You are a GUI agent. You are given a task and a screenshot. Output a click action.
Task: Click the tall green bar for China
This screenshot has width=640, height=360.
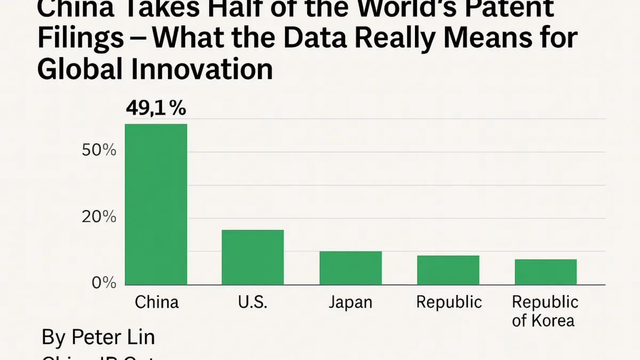tap(156, 204)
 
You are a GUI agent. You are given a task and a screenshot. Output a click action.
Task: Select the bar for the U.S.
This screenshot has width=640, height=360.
tap(253, 257)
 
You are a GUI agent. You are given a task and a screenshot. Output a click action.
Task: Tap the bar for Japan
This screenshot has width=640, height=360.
tap(350, 268)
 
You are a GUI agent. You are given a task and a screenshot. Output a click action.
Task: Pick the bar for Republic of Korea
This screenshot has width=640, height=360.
tap(546, 272)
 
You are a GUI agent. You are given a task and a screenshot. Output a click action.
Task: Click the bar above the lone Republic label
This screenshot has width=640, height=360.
tap(448, 270)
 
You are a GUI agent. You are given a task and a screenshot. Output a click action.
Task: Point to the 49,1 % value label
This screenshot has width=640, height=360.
tap(156, 109)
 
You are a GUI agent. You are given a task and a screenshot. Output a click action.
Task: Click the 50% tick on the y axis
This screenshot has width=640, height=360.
tap(99, 150)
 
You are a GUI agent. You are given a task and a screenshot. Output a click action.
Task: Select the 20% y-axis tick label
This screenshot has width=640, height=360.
tap(99, 217)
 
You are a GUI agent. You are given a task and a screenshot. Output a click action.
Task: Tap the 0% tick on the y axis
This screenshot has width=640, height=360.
tap(103, 282)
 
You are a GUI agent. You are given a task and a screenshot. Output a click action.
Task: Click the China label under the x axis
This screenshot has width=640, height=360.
tap(156, 302)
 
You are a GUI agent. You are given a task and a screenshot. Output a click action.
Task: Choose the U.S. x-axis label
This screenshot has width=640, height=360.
tap(252, 302)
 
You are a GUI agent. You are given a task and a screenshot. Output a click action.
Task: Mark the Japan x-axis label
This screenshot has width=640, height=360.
tap(350, 302)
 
